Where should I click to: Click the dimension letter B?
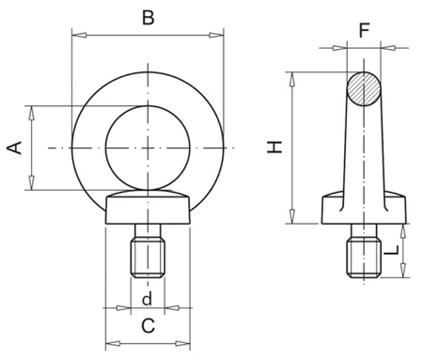(148, 18)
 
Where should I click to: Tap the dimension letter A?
(14, 148)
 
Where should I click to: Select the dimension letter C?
(148, 326)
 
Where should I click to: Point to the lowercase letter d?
(147, 299)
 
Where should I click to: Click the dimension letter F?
(364, 30)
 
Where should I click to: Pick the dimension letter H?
(274, 147)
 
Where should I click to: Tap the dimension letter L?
(391, 250)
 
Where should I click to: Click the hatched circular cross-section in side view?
(364, 89)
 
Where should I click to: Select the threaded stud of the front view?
(148, 251)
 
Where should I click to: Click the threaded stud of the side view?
(364, 251)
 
